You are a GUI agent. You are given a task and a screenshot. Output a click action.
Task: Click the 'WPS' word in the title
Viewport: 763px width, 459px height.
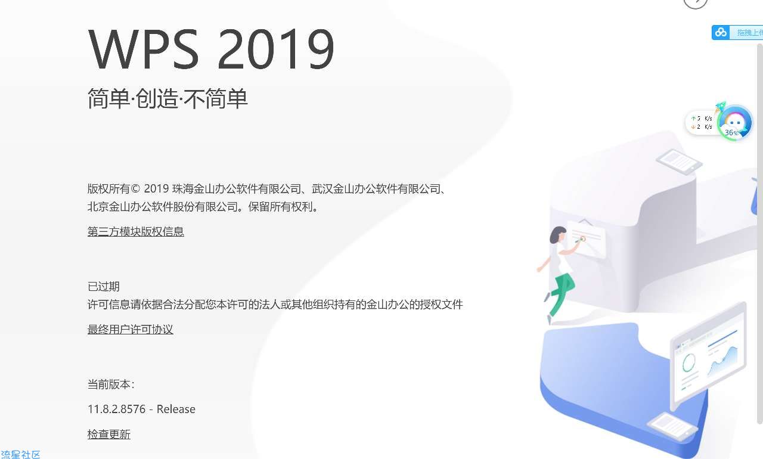[143, 49]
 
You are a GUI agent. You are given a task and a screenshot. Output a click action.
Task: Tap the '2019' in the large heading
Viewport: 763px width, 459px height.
[276, 49]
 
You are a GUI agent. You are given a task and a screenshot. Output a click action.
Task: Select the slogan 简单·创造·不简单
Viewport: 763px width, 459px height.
[168, 98]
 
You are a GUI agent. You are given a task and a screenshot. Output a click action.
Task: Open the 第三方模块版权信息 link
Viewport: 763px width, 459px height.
[135, 231]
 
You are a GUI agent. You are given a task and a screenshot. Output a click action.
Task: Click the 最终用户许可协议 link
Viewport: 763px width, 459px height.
[130, 329]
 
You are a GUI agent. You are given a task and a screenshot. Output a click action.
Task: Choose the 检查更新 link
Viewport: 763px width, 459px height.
[108, 434]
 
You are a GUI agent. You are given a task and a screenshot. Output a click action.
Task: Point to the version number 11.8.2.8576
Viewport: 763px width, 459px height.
[116, 409]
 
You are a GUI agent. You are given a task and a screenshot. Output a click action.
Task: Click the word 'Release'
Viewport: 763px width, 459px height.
[176, 409]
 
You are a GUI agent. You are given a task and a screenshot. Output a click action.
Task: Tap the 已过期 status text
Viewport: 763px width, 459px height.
[104, 286]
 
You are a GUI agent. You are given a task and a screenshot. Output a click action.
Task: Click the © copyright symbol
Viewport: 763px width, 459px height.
[135, 188]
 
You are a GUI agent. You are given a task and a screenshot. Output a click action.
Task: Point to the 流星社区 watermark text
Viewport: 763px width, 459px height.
[20, 454]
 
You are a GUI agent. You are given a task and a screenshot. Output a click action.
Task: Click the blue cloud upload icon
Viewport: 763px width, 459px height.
[721, 32]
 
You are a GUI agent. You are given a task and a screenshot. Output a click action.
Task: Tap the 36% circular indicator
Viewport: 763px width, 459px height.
[734, 123]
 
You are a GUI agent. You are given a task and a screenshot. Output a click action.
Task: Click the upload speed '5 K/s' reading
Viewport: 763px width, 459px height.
[702, 119]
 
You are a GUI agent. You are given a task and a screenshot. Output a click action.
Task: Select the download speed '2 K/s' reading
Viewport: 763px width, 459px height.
[702, 126]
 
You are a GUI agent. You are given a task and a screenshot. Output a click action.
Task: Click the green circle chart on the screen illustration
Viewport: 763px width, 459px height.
[688, 362]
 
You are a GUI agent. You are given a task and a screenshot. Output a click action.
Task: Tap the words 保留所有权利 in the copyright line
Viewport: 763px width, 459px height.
[280, 207]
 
